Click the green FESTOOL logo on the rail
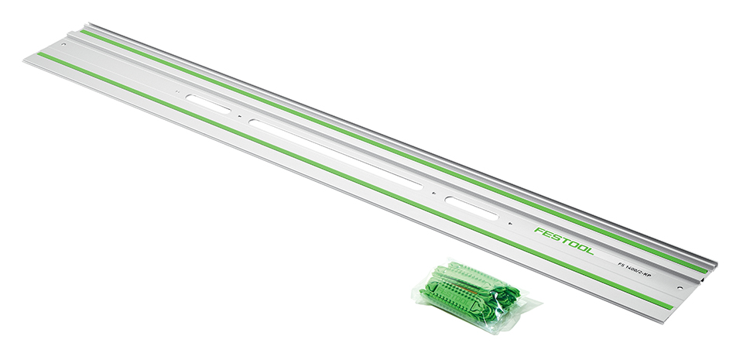pyautogui.click(x=563, y=241)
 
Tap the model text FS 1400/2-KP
pyautogui.click(x=635, y=270)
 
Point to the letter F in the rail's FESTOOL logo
pyautogui.click(x=539, y=231)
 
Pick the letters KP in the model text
pyautogui.click(x=648, y=276)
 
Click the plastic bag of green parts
pyautogui.click(x=476, y=295)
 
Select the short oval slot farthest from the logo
pyautogui.click(x=208, y=104)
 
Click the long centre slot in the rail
pyautogui.click(x=335, y=154)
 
